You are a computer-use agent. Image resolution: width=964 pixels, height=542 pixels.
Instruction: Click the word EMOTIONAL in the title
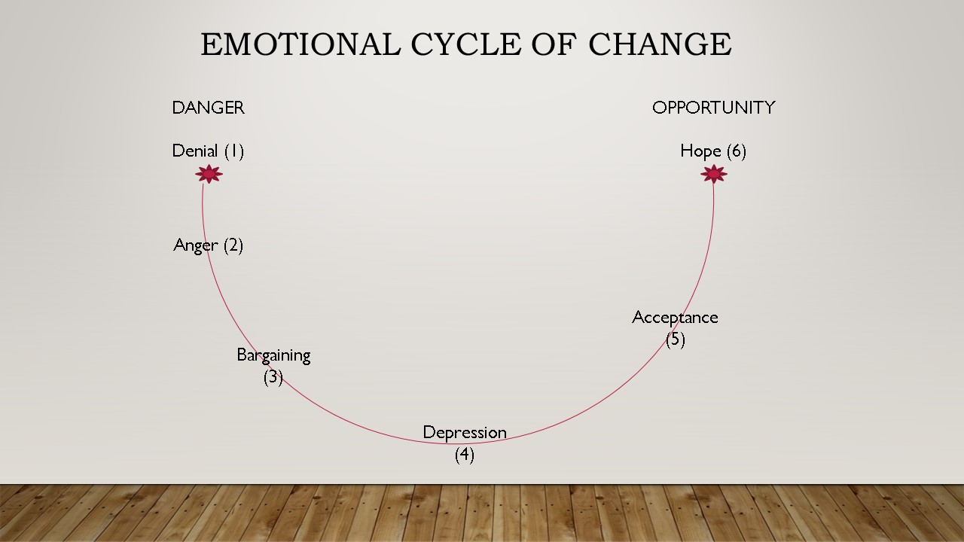300,44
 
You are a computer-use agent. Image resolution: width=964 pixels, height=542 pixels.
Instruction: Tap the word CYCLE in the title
465,44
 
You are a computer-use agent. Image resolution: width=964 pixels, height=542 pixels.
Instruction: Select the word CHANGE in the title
660,44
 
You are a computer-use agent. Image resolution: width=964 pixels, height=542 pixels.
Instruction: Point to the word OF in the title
554,44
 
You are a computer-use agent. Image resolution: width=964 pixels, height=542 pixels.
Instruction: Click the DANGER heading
208,108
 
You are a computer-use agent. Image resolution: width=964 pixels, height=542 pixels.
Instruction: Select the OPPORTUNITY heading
713,108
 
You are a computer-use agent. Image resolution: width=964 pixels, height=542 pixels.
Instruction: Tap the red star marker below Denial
209,174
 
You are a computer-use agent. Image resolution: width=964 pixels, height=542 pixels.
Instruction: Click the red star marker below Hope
713,174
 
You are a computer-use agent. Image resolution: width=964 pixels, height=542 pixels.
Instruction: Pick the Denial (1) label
208,151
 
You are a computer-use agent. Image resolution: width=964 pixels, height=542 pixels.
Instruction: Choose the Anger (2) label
208,245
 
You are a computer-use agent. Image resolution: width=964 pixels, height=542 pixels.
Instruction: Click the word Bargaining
273,355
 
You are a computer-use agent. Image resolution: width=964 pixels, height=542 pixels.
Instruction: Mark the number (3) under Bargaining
273,376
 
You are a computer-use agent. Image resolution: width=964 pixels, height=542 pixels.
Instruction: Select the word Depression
464,433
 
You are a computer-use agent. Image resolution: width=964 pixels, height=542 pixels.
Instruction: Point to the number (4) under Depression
464,455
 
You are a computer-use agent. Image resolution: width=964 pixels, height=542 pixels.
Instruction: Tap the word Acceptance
675,318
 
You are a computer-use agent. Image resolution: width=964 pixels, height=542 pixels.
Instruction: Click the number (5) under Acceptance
675,339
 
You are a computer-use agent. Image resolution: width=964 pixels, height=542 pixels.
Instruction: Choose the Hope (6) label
712,151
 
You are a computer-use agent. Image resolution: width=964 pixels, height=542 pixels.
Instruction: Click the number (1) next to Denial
233,151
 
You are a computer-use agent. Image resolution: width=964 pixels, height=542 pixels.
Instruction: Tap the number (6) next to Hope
736,151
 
